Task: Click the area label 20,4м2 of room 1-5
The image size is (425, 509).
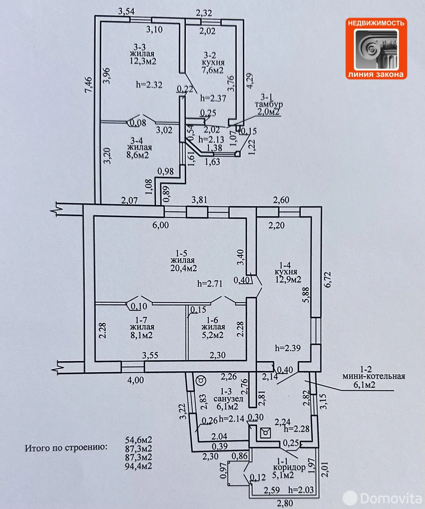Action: point(184,268)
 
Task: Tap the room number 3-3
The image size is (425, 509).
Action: point(140,47)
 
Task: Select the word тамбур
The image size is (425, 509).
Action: point(268,104)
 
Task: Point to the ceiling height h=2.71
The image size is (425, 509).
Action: point(210,283)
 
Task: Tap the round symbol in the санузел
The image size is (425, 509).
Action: point(201,380)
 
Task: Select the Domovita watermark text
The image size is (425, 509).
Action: point(391,498)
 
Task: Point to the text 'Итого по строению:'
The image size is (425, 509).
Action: point(66,448)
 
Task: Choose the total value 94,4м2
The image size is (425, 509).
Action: point(138,466)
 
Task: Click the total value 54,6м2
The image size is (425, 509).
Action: point(138,440)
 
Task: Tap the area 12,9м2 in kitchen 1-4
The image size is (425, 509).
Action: point(288,279)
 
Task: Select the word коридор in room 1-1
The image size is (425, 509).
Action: point(289,467)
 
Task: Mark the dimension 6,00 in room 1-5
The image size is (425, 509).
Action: point(161,225)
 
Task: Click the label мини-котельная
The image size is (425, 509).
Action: point(373,377)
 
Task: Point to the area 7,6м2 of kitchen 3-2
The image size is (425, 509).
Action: point(212,70)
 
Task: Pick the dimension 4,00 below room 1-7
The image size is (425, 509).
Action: point(136,380)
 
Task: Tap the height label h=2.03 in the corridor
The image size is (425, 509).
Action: point(301,490)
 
